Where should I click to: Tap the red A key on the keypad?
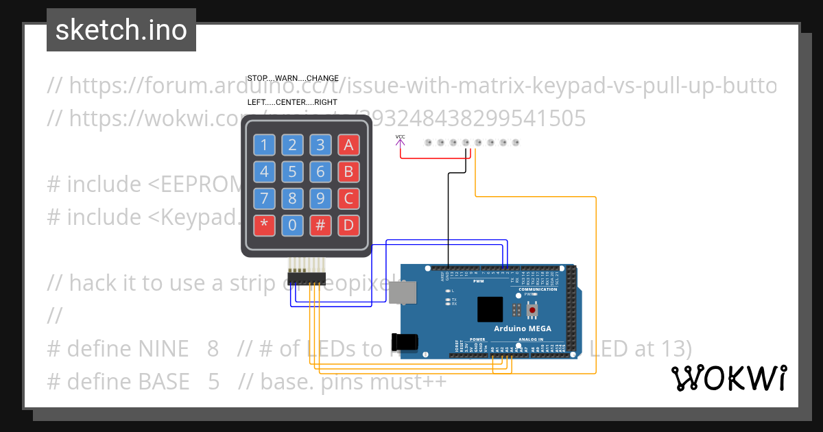(348, 145)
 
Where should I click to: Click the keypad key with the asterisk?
(264, 225)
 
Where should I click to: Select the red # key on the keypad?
(320, 225)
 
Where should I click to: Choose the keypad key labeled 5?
(292, 171)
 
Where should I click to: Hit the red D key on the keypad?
(348, 225)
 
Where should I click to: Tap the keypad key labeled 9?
(320, 198)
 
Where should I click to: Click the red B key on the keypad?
(348, 171)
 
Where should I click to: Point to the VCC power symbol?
(401, 141)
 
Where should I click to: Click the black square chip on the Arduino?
(490, 309)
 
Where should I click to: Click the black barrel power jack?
(403, 342)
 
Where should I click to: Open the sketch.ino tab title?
(121, 30)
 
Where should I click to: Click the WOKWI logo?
(728, 379)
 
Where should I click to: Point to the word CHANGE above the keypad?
(322, 78)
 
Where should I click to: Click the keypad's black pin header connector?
(307, 276)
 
